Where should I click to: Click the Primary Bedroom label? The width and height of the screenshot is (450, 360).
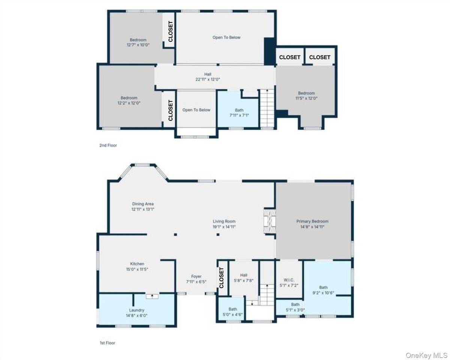[x=312, y=221]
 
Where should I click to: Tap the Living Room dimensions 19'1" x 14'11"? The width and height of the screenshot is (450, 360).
[x=224, y=227]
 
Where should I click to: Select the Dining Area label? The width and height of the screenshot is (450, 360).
[x=143, y=204]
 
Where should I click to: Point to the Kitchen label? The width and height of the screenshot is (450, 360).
[x=137, y=264]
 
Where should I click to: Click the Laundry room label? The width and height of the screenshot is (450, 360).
[x=136, y=310]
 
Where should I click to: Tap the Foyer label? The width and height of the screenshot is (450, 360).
[x=196, y=276]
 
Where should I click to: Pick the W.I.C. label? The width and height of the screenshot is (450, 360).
[x=289, y=280]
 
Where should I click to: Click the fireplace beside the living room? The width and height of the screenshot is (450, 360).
[x=270, y=222]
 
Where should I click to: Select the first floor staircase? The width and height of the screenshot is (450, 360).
[x=267, y=295]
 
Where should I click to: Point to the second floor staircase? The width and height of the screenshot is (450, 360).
[x=267, y=108]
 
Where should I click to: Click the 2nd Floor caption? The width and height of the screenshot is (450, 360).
[x=108, y=145]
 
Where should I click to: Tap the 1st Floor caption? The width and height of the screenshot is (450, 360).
[x=107, y=343]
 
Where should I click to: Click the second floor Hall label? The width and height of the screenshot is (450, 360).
[x=208, y=74]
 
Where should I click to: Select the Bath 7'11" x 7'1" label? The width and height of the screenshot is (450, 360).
[x=239, y=113]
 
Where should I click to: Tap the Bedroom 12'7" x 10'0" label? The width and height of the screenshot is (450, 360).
[x=138, y=42]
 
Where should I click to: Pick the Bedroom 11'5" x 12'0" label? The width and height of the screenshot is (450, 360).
[x=306, y=96]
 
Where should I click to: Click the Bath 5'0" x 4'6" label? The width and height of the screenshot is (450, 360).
[x=233, y=312]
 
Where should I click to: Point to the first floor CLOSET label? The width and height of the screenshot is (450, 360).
[x=222, y=277]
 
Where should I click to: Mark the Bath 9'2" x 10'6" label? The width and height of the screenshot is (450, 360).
[x=323, y=290]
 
